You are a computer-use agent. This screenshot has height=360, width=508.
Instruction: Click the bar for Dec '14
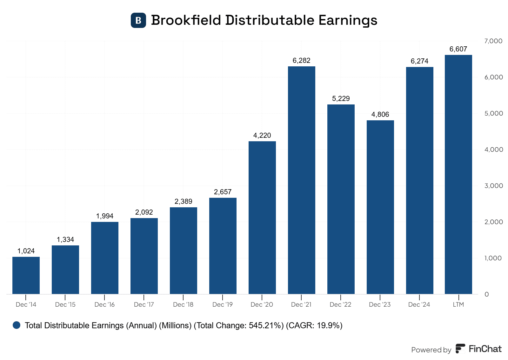point(26,275)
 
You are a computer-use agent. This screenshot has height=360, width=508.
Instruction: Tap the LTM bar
point(458,174)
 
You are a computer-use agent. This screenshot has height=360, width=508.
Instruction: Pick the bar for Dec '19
point(223,246)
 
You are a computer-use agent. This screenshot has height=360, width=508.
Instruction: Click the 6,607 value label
point(458,49)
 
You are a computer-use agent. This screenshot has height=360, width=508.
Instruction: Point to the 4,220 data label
point(262,136)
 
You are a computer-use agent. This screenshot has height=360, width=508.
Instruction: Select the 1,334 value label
point(65,240)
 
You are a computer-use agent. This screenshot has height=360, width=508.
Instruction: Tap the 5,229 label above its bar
point(341,99)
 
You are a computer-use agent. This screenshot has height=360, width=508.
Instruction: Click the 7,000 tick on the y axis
point(493,41)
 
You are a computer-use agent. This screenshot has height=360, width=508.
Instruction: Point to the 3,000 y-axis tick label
point(493,186)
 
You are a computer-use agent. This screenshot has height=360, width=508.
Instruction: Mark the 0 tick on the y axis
point(486,294)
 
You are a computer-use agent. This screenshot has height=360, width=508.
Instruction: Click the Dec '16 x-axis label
point(104,304)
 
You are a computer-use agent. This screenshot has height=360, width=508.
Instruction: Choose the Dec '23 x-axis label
point(380,304)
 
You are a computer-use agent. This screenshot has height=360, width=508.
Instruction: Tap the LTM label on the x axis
point(458,304)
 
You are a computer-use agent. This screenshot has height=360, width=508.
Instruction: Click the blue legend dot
point(17,325)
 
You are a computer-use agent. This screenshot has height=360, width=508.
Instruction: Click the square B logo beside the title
point(138,20)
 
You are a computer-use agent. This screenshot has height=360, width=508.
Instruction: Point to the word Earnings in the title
point(348,20)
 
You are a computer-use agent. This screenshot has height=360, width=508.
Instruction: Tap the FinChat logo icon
point(460,349)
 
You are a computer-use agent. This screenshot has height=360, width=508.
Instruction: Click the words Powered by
point(431,350)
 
